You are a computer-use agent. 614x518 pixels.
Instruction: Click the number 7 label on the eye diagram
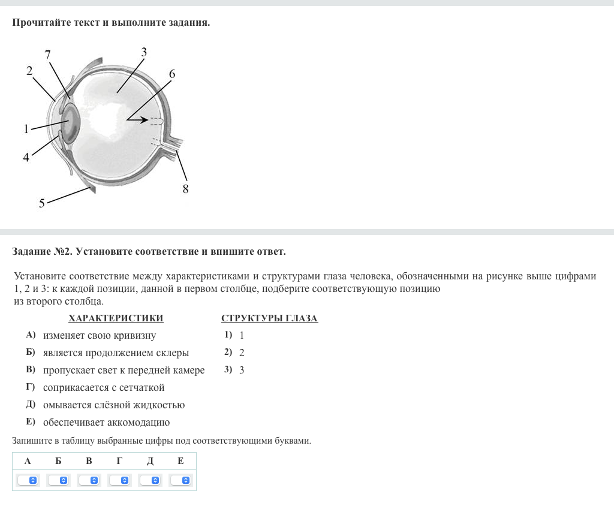click(48, 54)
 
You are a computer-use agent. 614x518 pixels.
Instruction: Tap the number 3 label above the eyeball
click(144, 51)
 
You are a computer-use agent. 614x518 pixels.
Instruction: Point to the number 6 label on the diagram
click(172, 74)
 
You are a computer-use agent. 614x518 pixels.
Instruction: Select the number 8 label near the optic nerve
click(185, 189)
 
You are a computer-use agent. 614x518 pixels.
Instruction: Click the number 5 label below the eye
click(42, 203)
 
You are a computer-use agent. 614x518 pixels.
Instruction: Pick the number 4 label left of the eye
click(26, 158)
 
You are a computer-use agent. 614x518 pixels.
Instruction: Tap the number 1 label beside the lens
click(26, 128)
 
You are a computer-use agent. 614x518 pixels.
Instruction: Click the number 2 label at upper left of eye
click(29, 70)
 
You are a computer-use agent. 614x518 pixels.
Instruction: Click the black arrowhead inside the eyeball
click(144, 120)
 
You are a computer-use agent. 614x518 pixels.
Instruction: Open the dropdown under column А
click(28, 480)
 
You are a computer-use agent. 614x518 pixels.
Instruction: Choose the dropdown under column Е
click(180, 480)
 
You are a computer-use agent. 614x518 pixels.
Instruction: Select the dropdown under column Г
click(119, 480)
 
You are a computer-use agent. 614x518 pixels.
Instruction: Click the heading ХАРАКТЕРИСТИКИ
click(116, 318)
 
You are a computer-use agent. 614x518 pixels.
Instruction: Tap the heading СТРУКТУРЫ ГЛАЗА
click(269, 318)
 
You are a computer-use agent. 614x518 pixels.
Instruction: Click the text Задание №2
click(42, 251)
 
